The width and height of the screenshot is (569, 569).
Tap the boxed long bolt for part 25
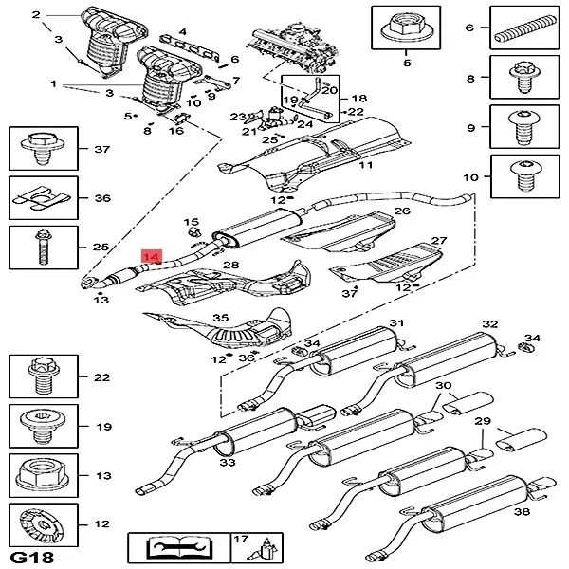click(x=36, y=247)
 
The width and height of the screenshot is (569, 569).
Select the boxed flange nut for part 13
click(x=36, y=475)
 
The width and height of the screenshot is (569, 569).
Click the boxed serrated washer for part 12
click(x=36, y=524)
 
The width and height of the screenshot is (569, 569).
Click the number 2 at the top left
click(x=36, y=15)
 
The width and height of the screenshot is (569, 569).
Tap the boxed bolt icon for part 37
click(x=36, y=149)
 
